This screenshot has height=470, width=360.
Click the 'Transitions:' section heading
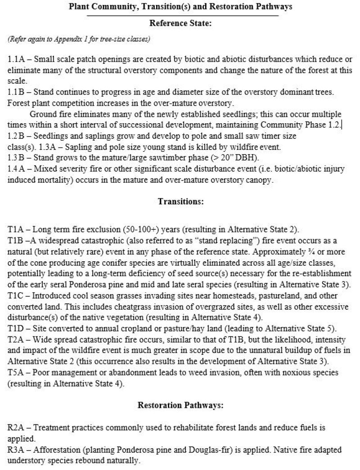pyautogui.click(x=180, y=201)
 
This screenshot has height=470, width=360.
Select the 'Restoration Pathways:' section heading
pyautogui.click(x=180, y=405)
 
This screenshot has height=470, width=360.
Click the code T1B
pyautogui.click(x=17, y=240)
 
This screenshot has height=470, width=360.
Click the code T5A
pyautogui.click(x=17, y=373)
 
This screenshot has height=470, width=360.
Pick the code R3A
pyautogui.click(x=17, y=449)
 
